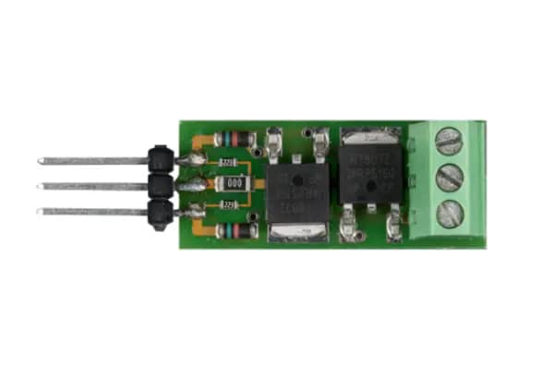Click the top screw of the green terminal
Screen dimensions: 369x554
coord(448,141)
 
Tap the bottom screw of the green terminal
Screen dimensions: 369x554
coord(449,213)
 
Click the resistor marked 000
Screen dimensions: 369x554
coord(234,184)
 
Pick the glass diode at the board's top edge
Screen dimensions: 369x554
coord(239,140)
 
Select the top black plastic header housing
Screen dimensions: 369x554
coord(161,160)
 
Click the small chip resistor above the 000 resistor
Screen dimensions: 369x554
coord(225,164)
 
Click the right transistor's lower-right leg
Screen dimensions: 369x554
coord(394,223)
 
